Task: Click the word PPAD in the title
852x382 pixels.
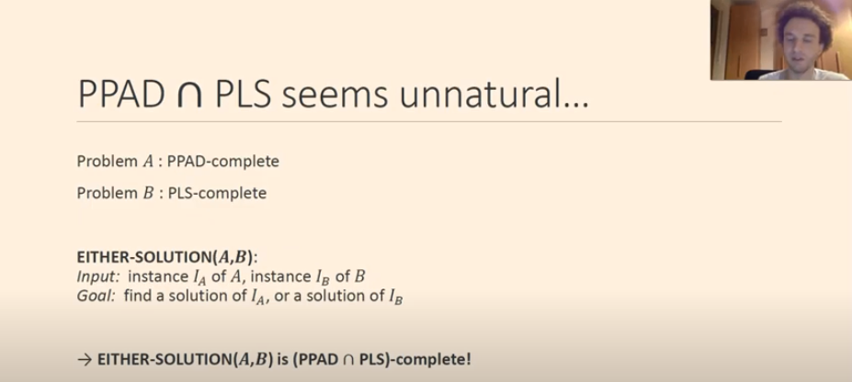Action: coord(121,95)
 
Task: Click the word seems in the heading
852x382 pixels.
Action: coord(335,97)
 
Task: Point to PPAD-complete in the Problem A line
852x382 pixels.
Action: coord(222,162)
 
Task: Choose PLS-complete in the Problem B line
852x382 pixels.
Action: coord(217,193)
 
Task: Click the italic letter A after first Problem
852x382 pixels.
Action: coord(148,162)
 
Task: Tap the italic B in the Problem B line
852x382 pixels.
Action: coord(148,193)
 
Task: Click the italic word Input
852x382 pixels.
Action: coord(97,276)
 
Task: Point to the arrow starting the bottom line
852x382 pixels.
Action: coord(85,360)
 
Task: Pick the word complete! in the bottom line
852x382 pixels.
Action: coord(434,360)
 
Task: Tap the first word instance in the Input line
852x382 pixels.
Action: coord(158,276)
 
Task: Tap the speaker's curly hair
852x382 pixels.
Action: coord(803,17)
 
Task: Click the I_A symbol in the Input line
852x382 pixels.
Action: coord(200,278)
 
